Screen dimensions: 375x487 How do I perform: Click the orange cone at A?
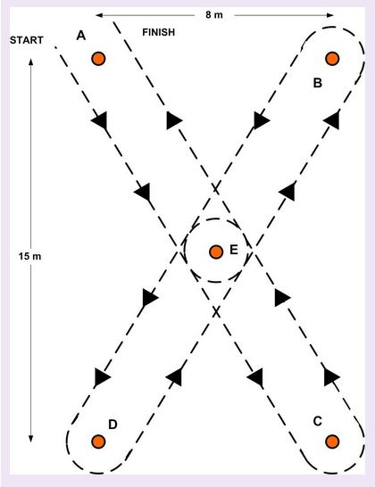click(x=98, y=58)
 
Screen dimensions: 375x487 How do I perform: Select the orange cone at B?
click(x=332, y=58)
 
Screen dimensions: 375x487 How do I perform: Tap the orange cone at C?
click(x=332, y=442)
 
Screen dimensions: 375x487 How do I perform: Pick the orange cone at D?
click(x=98, y=442)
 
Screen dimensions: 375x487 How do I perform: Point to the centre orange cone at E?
click(x=216, y=252)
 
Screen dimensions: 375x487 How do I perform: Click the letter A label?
click(x=81, y=36)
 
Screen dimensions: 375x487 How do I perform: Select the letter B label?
click(x=318, y=83)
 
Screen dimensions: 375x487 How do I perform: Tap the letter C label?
click(x=318, y=422)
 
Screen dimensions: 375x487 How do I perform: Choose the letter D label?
click(x=112, y=425)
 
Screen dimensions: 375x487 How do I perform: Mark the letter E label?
click(x=234, y=250)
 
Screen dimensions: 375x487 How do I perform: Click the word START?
click(x=27, y=40)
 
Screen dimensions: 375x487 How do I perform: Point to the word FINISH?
click(x=159, y=32)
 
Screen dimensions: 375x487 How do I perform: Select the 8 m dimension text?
click(x=214, y=14)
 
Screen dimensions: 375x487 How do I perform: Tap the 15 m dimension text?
click(x=29, y=256)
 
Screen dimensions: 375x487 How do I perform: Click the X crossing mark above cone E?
click(x=216, y=188)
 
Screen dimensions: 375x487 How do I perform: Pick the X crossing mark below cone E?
click(x=216, y=312)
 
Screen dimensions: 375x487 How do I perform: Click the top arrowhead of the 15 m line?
click(x=30, y=62)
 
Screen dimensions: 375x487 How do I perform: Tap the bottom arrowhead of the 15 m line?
click(x=30, y=439)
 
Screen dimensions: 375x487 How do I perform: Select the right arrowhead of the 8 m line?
click(x=330, y=15)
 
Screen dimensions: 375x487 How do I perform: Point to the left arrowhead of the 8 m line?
click(x=99, y=15)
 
